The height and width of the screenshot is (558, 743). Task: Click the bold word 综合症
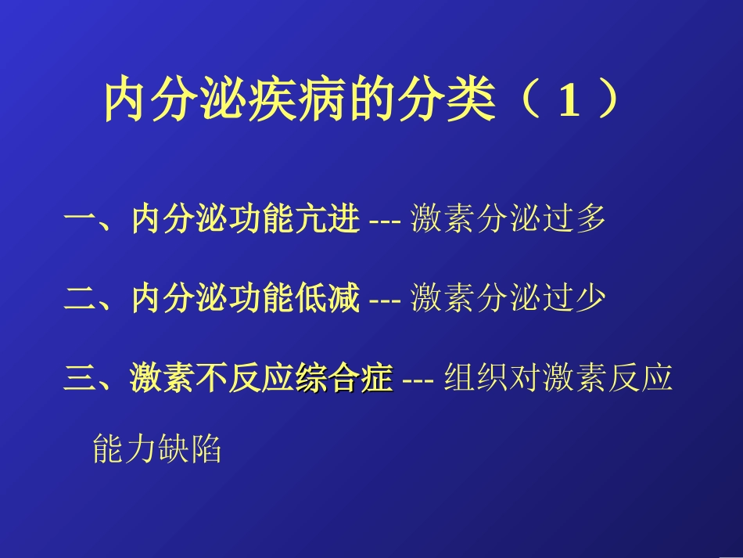pyautogui.click(x=343, y=380)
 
